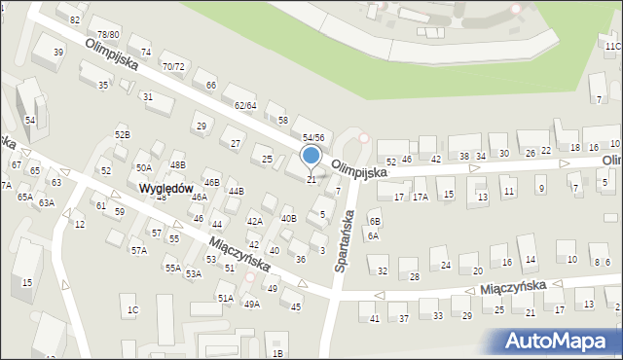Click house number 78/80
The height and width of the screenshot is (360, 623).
(108, 35)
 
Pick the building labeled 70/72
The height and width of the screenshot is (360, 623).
(173, 67)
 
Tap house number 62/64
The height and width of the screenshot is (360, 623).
(244, 105)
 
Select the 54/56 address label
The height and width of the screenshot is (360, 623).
(312, 138)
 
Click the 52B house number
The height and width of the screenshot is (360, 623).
(122, 134)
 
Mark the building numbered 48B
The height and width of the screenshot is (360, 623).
(177, 165)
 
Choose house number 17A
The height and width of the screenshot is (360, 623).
(420, 197)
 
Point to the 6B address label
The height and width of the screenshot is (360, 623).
(373, 222)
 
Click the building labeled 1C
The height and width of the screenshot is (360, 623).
(132, 310)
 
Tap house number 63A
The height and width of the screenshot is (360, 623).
(46, 203)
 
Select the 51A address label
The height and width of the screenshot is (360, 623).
(225, 299)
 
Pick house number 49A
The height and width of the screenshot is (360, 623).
(251, 305)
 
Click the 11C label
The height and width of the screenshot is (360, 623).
(612, 46)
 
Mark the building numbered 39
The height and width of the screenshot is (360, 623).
(58, 53)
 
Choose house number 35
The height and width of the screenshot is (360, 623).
(103, 86)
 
